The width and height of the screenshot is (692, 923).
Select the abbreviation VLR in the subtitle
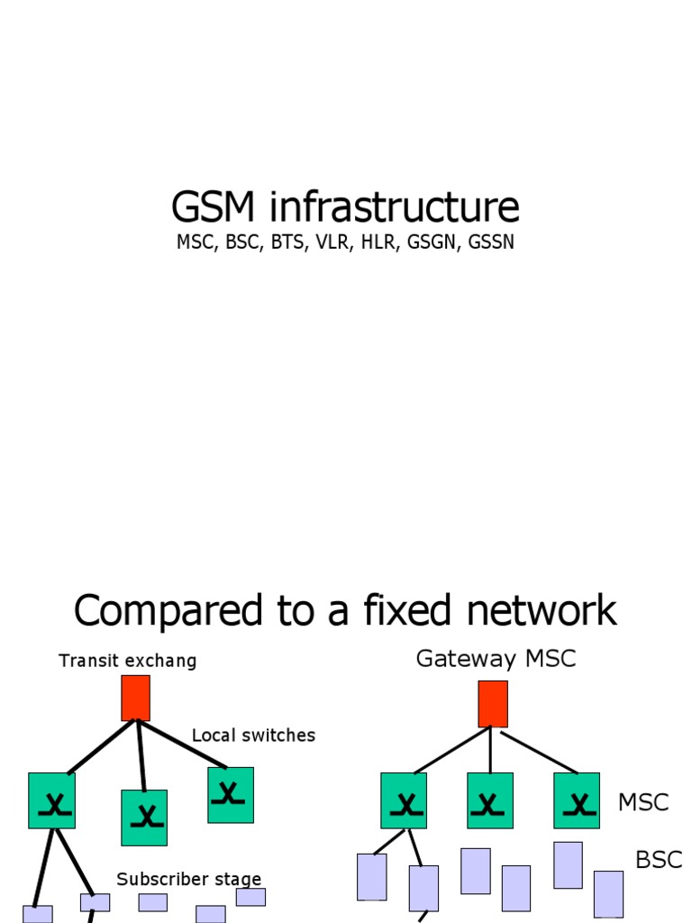[x=332, y=242]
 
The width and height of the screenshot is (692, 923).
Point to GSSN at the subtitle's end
[x=490, y=242]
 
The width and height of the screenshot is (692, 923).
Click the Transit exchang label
[x=127, y=661]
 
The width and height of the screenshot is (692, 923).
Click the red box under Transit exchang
[x=135, y=698]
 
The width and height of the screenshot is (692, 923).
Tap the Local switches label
[x=253, y=736]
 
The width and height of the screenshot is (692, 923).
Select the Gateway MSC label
[x=495, y=659]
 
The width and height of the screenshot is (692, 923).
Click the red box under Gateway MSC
[x=492, y=703]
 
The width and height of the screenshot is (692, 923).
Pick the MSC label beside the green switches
[x=642, y=802]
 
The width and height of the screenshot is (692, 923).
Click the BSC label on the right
[x=659, y=860]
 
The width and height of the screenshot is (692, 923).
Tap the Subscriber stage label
[x=188, y=879]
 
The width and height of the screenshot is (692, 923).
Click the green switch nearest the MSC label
[x=576, y=800]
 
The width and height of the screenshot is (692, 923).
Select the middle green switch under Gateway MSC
[x=489, y=800]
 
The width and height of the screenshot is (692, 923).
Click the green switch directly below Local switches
[x=230, y=795]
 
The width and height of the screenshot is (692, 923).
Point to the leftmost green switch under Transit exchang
[x=51, y=800]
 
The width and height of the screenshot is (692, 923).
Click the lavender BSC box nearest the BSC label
[x=608, y=893]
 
